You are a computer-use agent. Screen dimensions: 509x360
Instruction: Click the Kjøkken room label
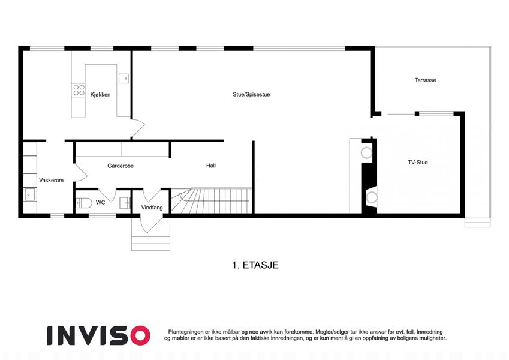pos(100,95)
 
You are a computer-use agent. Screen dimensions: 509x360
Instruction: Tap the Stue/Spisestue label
pos(251,95)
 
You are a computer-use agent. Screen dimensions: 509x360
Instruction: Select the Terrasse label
pos(425,80)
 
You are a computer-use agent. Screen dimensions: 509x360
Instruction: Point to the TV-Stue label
pos(418,162)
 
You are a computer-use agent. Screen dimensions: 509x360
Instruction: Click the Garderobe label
pos(121,166)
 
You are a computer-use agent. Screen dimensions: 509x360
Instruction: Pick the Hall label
pos(211,166)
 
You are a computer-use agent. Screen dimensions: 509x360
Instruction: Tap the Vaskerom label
pos(52,181)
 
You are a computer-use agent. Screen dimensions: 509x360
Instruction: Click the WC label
pos(101,202)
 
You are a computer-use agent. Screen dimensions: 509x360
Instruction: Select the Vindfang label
pos(152,207)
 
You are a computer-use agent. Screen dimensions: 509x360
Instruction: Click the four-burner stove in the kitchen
pos(79,90)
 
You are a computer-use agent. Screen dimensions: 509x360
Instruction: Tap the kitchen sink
pos(124,79)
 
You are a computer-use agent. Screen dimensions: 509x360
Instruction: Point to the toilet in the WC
pos(83,203)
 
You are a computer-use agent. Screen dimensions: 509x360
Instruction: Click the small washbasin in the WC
pos(124,203)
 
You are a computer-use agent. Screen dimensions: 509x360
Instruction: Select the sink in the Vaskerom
pos(30,194)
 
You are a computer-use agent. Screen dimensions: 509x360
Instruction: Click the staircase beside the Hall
pos(212,200)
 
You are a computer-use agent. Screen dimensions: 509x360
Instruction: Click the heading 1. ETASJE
pos(255,265)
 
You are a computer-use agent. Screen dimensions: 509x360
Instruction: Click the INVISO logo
pos(99,335)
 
